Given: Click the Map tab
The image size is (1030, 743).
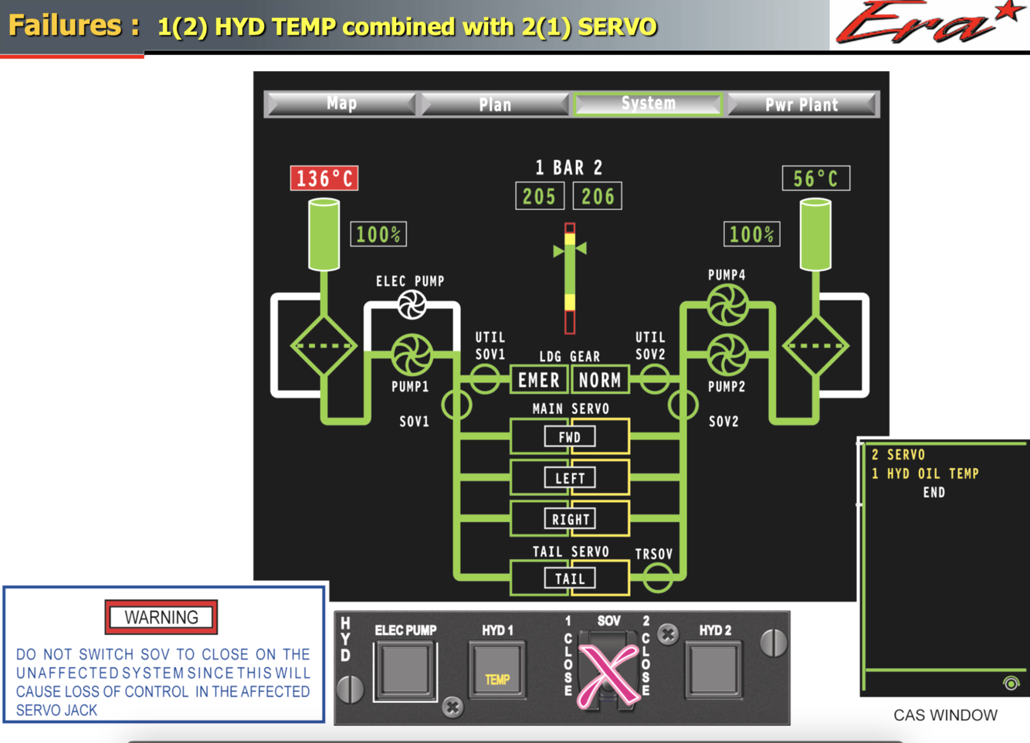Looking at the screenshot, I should pyautogui.click(x=341, y=103).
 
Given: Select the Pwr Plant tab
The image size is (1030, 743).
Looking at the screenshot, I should pyautogui.click(x=801, y=104).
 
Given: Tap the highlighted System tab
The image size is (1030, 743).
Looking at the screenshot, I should pyautogui.click(x=648, y=103).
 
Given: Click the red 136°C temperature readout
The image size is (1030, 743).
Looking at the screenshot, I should pyautogui.click(x=324, y=178).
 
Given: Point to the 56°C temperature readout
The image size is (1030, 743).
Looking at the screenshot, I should pyautogui.click(x=815, y=178).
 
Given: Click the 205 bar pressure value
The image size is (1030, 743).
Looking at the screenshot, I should pyautogui.click(x=539, y=196).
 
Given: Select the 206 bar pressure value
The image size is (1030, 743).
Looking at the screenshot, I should pyautogui.click(x=598, y=196).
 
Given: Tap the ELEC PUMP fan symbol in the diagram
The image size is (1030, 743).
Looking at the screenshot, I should pyautogui.click(x=412, y=304).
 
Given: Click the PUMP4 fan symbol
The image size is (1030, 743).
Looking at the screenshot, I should pyautogui.click(x=727, y=304).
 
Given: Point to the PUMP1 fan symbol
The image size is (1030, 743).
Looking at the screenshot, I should pyautogui.click(x=412, y=354).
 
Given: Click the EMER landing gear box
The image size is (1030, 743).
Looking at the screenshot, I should pyautogui.click(x=538, y=380).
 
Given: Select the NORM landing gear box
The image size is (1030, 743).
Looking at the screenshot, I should pyautogui.click(x=600, y=380).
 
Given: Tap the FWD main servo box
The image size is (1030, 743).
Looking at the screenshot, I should pyautogui.click(x=570, y=437).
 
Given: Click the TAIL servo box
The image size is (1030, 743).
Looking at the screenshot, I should pyautogui.click(x=570, y=578).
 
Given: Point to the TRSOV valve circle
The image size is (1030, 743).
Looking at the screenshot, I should pyautogui.click(x=657, y=577).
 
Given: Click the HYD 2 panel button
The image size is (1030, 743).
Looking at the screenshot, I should pyautogui.click(x=714, y=669).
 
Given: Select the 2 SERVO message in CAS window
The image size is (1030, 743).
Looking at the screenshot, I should pyautogui.click(x=898, y=455).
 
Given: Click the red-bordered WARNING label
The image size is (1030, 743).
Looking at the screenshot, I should pyautogui.click(x=161, y=617).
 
